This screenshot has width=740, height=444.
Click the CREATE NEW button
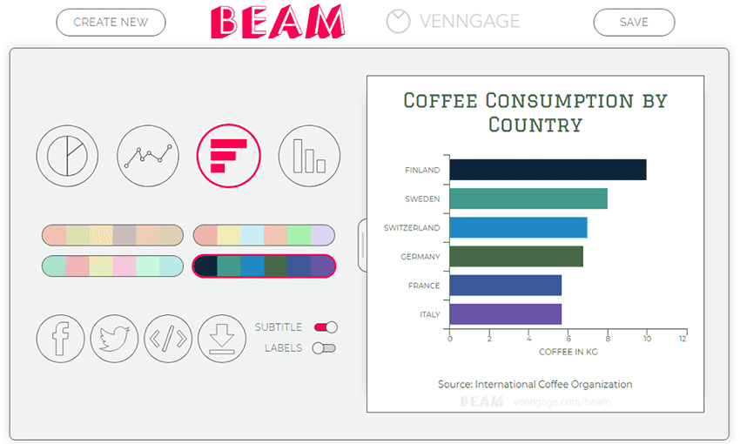pyautogui.click(x=111, y=22)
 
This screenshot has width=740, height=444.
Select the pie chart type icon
pyautogui.click(x=67, y=156)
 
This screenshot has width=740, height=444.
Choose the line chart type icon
pyautogui.click(x=148, y=156)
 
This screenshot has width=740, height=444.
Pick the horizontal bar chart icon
pyautogui.click(x=228, y=156)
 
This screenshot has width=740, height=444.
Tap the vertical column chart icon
pyautogui.click(x=309, y=156)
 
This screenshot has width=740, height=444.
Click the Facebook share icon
pyautogui.click(x=60, y=339)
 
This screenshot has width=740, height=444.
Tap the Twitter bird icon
pyautogui.click(x=114, y=339)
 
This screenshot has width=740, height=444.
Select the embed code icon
pyautogui.click(x=168, y=339)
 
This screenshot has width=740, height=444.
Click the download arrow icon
pyautogui.click(x=222, y=339)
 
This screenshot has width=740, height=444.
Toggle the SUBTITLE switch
pyautogui.click(x=326, y=327)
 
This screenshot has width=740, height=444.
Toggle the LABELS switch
pyautogui.click(x=324, y=348)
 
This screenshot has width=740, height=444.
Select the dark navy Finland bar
pyautogui.click(x=548, y=170)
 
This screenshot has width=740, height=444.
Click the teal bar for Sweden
pyautogui.click(x=528, y=198)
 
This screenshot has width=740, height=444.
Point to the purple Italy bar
pyautogui.click(x=506, y=314)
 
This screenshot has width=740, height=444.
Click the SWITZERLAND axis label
pyautogui.click(x=412, y=228)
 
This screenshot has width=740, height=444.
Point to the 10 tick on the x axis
pyautogui.click(x=647, y=339)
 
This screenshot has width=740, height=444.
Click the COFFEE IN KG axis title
pyautogui.click(x=568, y=352)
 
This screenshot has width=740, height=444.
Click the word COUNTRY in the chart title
pyautogui.click(x=535, y=125)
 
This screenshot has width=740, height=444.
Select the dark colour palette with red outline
pyautogui.click(x=264, y=266)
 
